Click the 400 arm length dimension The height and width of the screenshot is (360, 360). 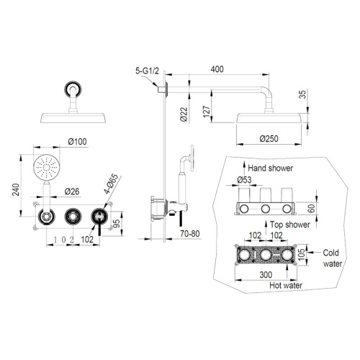pos(217,69)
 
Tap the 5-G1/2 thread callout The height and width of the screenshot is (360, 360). pos(147,71)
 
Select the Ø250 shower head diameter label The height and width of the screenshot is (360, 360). pos(269,139)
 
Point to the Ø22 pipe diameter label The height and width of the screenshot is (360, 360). pos(184,114)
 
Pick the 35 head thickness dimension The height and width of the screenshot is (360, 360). pos(303,94)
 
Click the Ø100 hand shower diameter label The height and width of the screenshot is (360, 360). pos(77,142)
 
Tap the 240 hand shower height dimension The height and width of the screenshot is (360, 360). pos(16,189)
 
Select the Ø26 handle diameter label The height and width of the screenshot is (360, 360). pos(72,192)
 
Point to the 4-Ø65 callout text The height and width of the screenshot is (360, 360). pos(111,184)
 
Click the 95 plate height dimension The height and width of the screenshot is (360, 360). pos(117,223)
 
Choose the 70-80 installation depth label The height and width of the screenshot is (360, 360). pos(190,233)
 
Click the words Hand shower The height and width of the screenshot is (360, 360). pos(271,168)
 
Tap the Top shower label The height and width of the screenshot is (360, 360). pos(290,225)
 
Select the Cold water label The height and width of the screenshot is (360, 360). pos(333,258)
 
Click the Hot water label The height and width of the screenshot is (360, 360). pos(286,285)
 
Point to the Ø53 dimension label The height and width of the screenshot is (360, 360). pos(244,180)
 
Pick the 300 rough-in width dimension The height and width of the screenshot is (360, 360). pos(266,274)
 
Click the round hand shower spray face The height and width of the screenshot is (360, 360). pos(46,167)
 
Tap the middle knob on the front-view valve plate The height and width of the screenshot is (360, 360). pos(73,216)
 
